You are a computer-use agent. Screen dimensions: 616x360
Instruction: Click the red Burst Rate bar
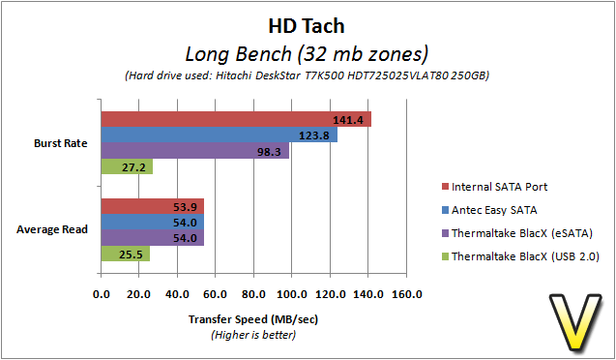tap(236, 119)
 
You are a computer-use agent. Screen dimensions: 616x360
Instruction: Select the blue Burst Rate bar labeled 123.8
tap(220, 135)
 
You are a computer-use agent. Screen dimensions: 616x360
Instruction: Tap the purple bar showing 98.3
tap(195, 151)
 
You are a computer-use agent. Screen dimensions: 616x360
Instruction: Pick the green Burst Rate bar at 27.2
tap(127, 166)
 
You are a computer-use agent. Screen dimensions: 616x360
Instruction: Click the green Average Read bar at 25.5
tap(126, 254)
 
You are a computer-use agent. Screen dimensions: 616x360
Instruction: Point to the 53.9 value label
tap(185, 207)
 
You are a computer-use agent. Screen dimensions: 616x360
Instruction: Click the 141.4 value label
tap(348, 120)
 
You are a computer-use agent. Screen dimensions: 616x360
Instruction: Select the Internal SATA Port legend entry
tap(494, 186)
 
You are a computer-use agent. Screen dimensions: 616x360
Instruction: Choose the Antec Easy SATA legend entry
tap(489, 210)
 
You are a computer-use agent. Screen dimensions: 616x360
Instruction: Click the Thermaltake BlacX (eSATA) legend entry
tap(517, 233)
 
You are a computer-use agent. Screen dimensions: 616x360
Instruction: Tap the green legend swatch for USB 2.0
tap(445, 256)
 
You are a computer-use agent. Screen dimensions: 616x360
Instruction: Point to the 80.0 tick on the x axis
tap(253, 294)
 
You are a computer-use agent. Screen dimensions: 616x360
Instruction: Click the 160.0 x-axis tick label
tap(406, 294)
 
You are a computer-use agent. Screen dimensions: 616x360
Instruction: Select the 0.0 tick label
tap(102, 294)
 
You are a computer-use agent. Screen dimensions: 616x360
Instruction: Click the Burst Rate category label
tap(61, 143)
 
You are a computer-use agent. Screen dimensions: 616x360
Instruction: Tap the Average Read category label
tap(52, 229)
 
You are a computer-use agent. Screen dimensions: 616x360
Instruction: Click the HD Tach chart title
tap(307, 26)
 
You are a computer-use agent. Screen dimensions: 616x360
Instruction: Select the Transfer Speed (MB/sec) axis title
tap(253, 319)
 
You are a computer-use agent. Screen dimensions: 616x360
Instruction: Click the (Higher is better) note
tap(253, 335)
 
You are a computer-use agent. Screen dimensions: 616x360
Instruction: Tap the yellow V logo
tap(575, 321)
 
